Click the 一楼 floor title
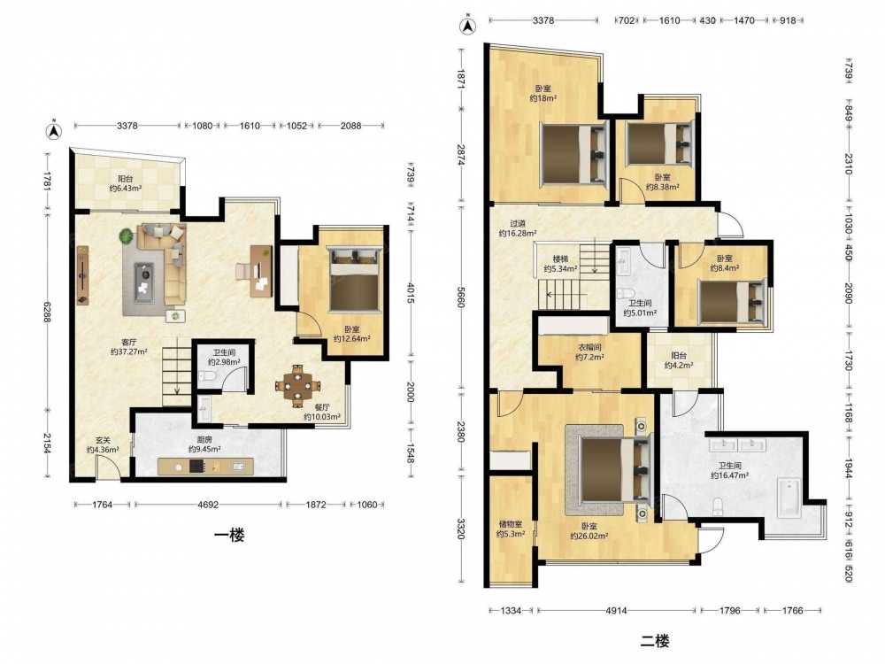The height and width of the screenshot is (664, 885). (x=229, y=535)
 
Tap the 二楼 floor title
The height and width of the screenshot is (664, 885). (x=655, y=641)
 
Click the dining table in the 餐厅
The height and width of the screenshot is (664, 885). (x=297, y=386)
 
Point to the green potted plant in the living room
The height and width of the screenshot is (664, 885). (x=127, y=235)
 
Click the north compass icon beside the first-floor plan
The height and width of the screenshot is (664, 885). (x=54, y=130)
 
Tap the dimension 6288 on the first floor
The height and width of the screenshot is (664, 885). (x=48, y=319)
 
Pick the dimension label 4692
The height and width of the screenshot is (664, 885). (x=208, y=505)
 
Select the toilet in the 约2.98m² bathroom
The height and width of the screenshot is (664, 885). (x=207, y=376)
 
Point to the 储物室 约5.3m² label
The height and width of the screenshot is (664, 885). (x=511, y=529)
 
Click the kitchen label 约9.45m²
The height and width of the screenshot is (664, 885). (x=204, y=444)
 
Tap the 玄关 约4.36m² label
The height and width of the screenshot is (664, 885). (x=103, y=445)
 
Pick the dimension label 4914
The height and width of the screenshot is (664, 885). (x=616, y=610)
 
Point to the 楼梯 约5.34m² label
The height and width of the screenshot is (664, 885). (x=560, y=265)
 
